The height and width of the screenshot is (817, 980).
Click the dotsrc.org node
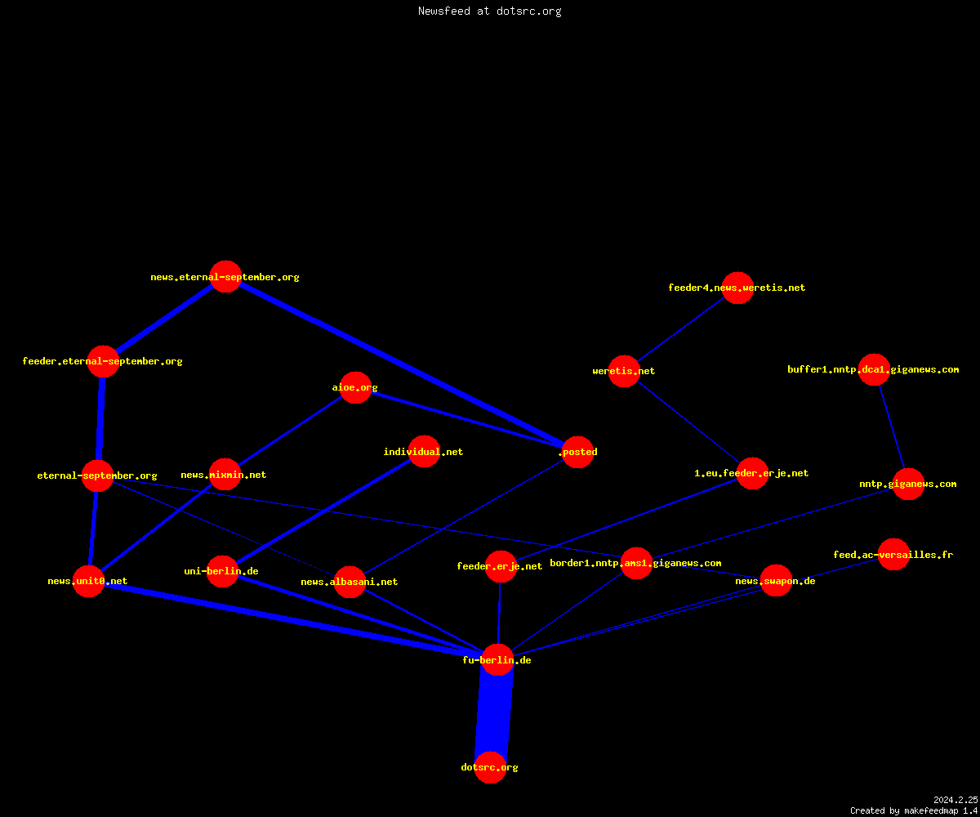coord(490,767)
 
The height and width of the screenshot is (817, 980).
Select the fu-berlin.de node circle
coord(497,659)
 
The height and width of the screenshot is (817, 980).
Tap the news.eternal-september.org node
coord(225,277)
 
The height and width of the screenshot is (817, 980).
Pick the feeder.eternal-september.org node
coord(103,361)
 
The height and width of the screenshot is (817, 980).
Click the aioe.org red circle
coord(355,387)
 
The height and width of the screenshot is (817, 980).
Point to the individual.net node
coord(425,451)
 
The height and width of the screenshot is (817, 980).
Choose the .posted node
coord(577,452)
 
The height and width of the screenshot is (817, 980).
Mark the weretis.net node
coord(624,371)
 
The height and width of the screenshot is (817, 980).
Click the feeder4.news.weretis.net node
coord(737,288)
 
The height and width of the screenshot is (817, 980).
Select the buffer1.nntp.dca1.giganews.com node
coord(874,369)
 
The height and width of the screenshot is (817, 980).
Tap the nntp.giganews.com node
coord(909,484)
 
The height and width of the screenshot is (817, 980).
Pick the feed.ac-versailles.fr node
coord(893,554)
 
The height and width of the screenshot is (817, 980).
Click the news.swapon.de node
coord(776,580)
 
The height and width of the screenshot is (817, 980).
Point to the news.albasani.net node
coord(350,582)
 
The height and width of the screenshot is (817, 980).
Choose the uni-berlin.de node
coord(222,571)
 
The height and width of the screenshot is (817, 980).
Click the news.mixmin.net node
coord(225,474)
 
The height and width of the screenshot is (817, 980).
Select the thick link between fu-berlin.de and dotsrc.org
coord(494,714)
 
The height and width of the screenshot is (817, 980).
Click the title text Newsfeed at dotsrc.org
coord(489,11)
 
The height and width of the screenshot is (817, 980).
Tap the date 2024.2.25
coord(955,800)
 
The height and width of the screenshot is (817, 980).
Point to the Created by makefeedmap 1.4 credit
coord(914,811)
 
